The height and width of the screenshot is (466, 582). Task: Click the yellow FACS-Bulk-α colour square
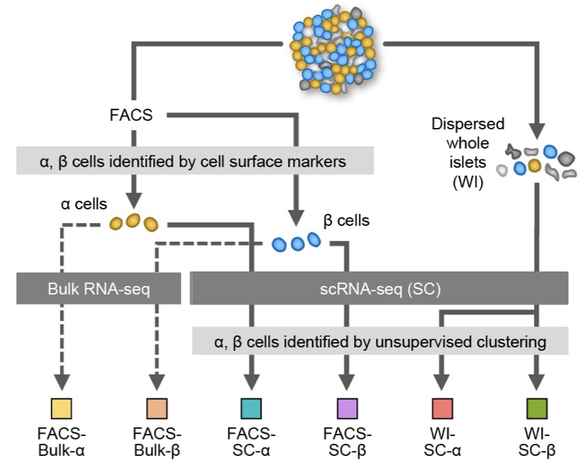[61, 409]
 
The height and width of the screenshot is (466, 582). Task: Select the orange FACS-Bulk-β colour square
[157, 409]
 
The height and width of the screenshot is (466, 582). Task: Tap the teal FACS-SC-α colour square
[251, 409]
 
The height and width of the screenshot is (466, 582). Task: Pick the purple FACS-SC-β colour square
[347, 409]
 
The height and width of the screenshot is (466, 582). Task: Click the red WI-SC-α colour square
[442, 409]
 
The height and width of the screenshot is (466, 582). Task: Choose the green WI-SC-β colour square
[537, 409]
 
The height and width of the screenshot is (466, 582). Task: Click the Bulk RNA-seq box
[99, 289]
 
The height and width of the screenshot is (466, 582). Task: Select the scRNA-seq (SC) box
[379, 289]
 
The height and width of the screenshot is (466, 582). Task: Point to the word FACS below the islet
[131, 115]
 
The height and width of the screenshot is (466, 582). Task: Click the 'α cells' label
[84, 204]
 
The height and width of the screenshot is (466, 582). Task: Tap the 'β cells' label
[346, 221]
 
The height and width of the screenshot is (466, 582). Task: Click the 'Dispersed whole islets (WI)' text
[468, 153]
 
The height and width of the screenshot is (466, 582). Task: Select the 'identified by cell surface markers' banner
[195, 161]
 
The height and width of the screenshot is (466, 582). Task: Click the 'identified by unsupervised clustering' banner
[380, 341]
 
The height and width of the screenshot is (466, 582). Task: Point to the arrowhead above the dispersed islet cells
[537, 131]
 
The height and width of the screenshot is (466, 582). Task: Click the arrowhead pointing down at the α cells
[134, 200]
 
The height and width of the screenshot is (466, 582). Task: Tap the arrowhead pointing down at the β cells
[296, 218]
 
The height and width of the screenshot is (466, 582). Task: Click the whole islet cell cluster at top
[333, 49]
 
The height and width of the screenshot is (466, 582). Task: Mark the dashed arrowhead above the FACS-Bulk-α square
[61, 382]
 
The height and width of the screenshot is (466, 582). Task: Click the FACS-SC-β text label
[347, 442]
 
